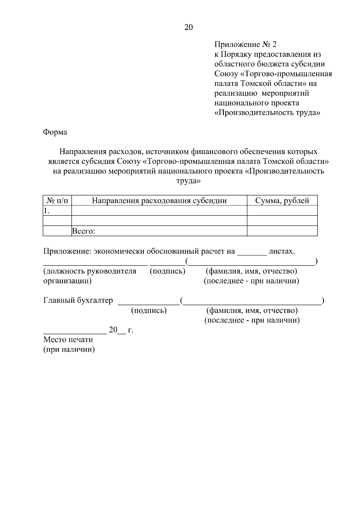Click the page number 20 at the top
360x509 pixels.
(189, 28)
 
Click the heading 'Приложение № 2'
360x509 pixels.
(245, 45)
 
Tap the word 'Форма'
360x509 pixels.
(55, 132)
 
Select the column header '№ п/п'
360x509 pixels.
(57, 201)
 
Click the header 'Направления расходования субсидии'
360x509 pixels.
(159, 201)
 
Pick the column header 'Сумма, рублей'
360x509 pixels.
(282, 201)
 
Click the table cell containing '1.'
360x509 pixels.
(57, 211)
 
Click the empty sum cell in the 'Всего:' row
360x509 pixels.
(282, 231)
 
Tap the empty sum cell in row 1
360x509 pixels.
(282, 211)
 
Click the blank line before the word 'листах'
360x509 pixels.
(252, 254)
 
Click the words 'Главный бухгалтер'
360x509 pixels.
(78, 300)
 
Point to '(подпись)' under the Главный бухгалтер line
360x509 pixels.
(149, 310)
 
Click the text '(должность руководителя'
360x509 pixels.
(90, 271)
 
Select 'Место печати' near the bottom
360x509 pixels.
(68, 340)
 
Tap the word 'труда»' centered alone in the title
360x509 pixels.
(188, 181)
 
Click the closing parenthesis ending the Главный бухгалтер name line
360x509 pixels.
(322, 300)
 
